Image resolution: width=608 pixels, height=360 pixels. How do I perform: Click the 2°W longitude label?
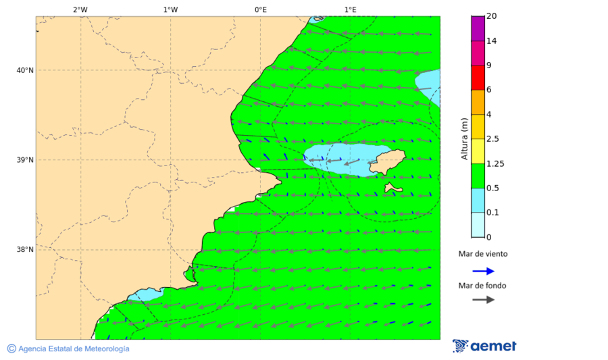80,9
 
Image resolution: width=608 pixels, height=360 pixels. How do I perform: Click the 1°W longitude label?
170,9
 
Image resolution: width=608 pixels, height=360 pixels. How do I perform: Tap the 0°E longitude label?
260,9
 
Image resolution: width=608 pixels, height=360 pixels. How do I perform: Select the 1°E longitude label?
350,9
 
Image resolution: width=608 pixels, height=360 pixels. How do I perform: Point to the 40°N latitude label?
25,70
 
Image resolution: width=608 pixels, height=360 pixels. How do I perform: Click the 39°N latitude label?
25,160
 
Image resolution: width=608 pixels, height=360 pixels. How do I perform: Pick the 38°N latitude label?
25,250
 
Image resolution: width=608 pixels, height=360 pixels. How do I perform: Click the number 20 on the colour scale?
491,16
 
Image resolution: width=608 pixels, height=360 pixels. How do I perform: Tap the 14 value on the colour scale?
491,41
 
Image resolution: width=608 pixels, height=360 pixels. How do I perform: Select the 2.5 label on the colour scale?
492,139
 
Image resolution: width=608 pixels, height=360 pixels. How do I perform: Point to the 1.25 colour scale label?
495,163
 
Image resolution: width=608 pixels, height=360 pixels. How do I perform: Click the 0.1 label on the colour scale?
492,213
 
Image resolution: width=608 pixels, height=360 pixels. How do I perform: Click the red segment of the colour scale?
478,78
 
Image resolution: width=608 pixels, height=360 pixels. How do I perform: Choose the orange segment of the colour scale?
478,102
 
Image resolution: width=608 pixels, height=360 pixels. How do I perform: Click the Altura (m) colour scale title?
464,139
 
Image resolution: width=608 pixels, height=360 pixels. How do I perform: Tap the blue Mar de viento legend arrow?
483,271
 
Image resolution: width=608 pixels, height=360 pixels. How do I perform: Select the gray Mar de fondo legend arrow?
483,299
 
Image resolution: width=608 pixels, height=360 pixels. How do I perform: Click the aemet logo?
484,346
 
